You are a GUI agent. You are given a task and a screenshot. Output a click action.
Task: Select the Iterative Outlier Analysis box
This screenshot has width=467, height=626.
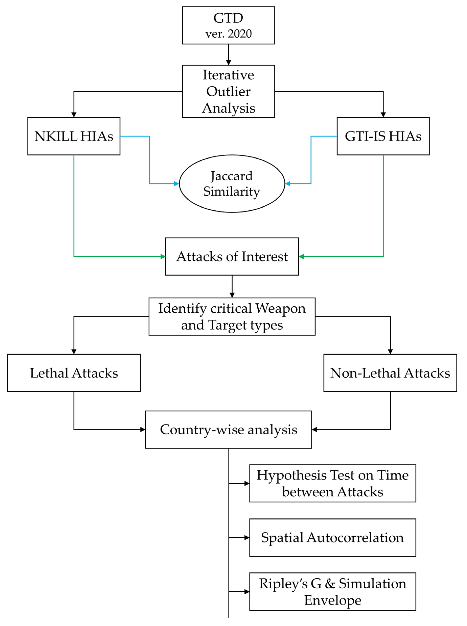point(228,91)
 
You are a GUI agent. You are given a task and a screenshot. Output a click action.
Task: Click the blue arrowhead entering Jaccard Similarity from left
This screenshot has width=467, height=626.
point(176,184)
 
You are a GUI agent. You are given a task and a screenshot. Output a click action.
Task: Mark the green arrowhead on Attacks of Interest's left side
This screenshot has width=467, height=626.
point(163,256)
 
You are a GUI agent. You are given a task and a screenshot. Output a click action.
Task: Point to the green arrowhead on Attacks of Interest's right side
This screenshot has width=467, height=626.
point(301,256)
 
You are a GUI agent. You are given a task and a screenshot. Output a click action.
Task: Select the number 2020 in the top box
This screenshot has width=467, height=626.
point(240,34)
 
